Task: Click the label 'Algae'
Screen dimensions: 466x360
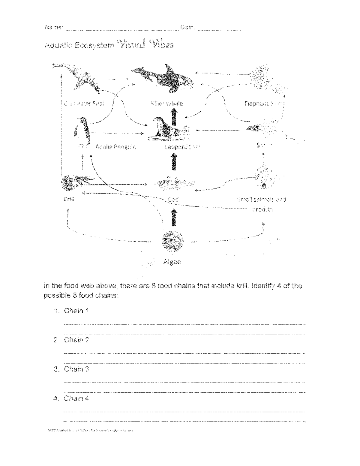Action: [172, 262]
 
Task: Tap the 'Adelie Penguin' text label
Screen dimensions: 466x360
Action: [116, 147]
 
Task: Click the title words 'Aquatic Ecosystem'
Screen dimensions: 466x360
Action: [79, 45]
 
